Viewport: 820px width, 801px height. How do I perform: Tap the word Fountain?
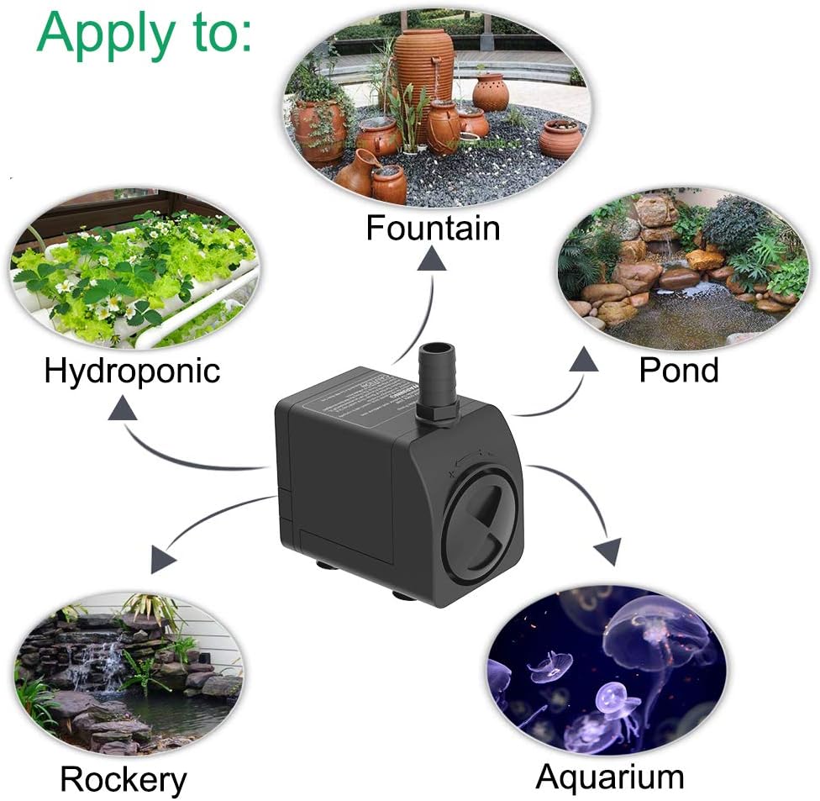click(433, 228)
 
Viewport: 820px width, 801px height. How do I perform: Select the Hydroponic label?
click(132, 370)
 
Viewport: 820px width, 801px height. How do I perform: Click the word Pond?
click(679, 370)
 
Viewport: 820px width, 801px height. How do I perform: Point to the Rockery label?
click(123, 779)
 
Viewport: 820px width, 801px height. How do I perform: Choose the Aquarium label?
click(610, 777)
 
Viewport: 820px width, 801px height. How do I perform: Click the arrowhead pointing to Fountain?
click(433, 260)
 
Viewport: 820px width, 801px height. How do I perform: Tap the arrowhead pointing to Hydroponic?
click(124, 409)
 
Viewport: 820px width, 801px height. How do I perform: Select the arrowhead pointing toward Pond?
click(583, 361)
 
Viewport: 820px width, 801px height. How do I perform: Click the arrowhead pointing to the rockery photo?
click(162, 559)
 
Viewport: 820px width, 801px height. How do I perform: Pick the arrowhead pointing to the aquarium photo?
click(607, 551)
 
